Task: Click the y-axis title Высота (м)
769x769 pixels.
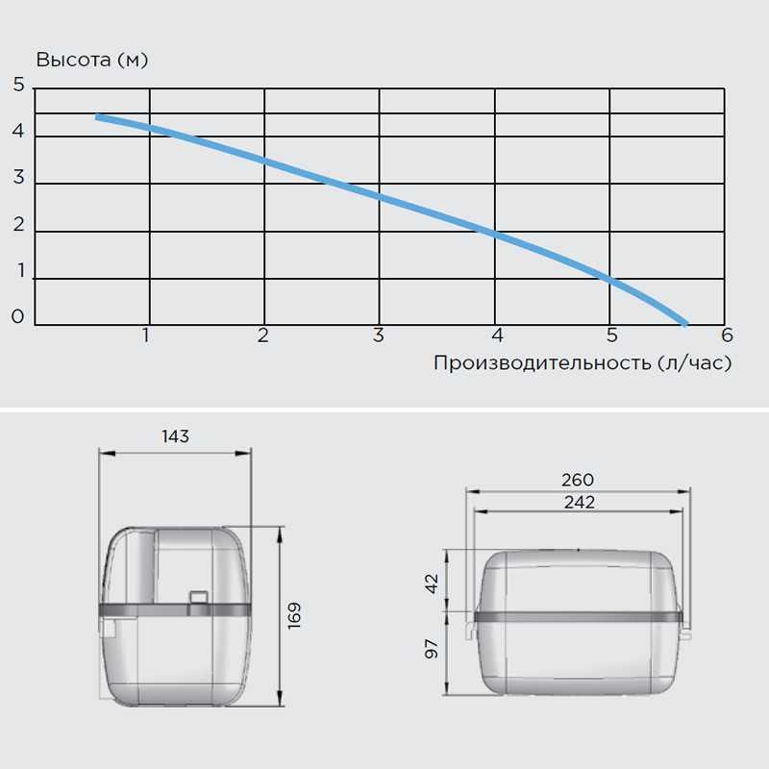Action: coord(91,60)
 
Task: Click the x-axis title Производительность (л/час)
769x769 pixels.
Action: coord(583,363)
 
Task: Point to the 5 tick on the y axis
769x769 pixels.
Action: coord(18,85)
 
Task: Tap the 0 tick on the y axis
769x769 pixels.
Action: coord(17,316)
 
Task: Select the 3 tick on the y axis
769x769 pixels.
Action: coord(18,177)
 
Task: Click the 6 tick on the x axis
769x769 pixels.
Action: coord(727,335)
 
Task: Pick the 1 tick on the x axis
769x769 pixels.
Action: coord(146,335)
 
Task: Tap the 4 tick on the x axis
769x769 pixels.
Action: coord(497,335)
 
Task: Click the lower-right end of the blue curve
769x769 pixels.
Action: coord(685,324)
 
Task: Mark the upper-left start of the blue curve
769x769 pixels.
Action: coord(97,116)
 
